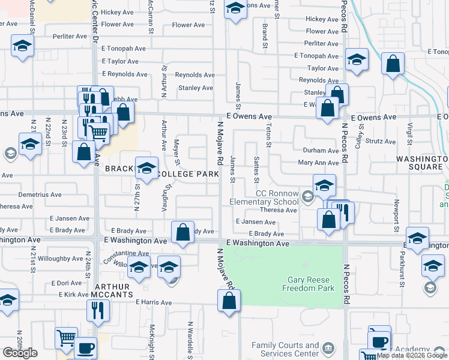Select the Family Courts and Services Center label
(x=285, y=349)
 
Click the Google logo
(x=20, y=352)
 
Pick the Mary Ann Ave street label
(x=319, y=163)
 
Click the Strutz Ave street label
(x=381, y=142)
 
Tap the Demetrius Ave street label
(x=40, y=194)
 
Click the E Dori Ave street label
(x=66, y=283)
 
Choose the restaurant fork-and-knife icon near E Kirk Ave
(x=96, y=310)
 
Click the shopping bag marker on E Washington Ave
(x=182, y=232)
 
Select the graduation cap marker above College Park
(x=146, y=167)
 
